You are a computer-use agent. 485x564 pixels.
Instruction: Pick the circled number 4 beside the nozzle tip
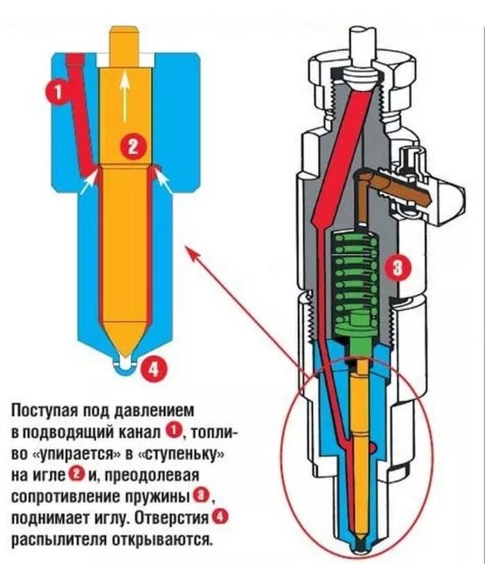coord(154,369)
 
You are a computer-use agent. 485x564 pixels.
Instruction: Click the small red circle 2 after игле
coord(77,475)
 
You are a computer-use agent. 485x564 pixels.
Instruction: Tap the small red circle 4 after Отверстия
coord(220,518)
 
